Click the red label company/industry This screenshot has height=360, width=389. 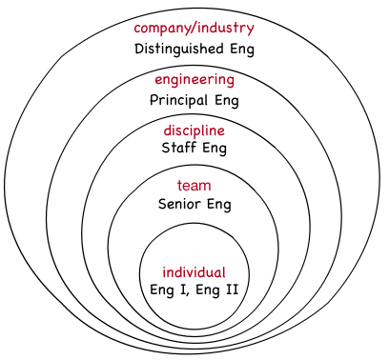(194, 28)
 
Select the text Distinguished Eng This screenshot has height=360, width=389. (194, 48)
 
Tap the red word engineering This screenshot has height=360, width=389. (194, 79)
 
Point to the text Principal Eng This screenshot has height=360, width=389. (194, 99)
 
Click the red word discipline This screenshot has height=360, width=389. (194, 130)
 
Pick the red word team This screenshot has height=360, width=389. (194, 185)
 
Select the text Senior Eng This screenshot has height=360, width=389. (194, 204)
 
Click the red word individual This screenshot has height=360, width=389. (194, 271)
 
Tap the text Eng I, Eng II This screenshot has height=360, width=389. (194, 290)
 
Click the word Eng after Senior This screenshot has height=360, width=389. (219, 204)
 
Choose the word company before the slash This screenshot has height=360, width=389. (163, 28)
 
